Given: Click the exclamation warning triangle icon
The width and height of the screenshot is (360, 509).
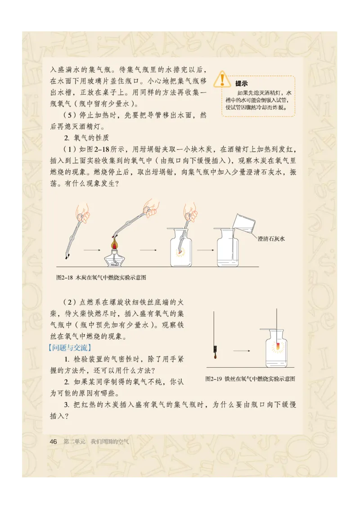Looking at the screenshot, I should point(221,79).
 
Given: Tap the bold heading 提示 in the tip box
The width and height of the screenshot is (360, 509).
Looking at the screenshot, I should point(241,83).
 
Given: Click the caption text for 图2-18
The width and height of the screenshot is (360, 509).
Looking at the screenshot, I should point(101,278).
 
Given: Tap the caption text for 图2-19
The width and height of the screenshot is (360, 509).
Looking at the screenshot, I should point(250,378).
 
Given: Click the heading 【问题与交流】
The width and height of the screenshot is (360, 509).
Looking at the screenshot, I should point(70,347).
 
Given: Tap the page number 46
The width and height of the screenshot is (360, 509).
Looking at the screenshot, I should point(53,441).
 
